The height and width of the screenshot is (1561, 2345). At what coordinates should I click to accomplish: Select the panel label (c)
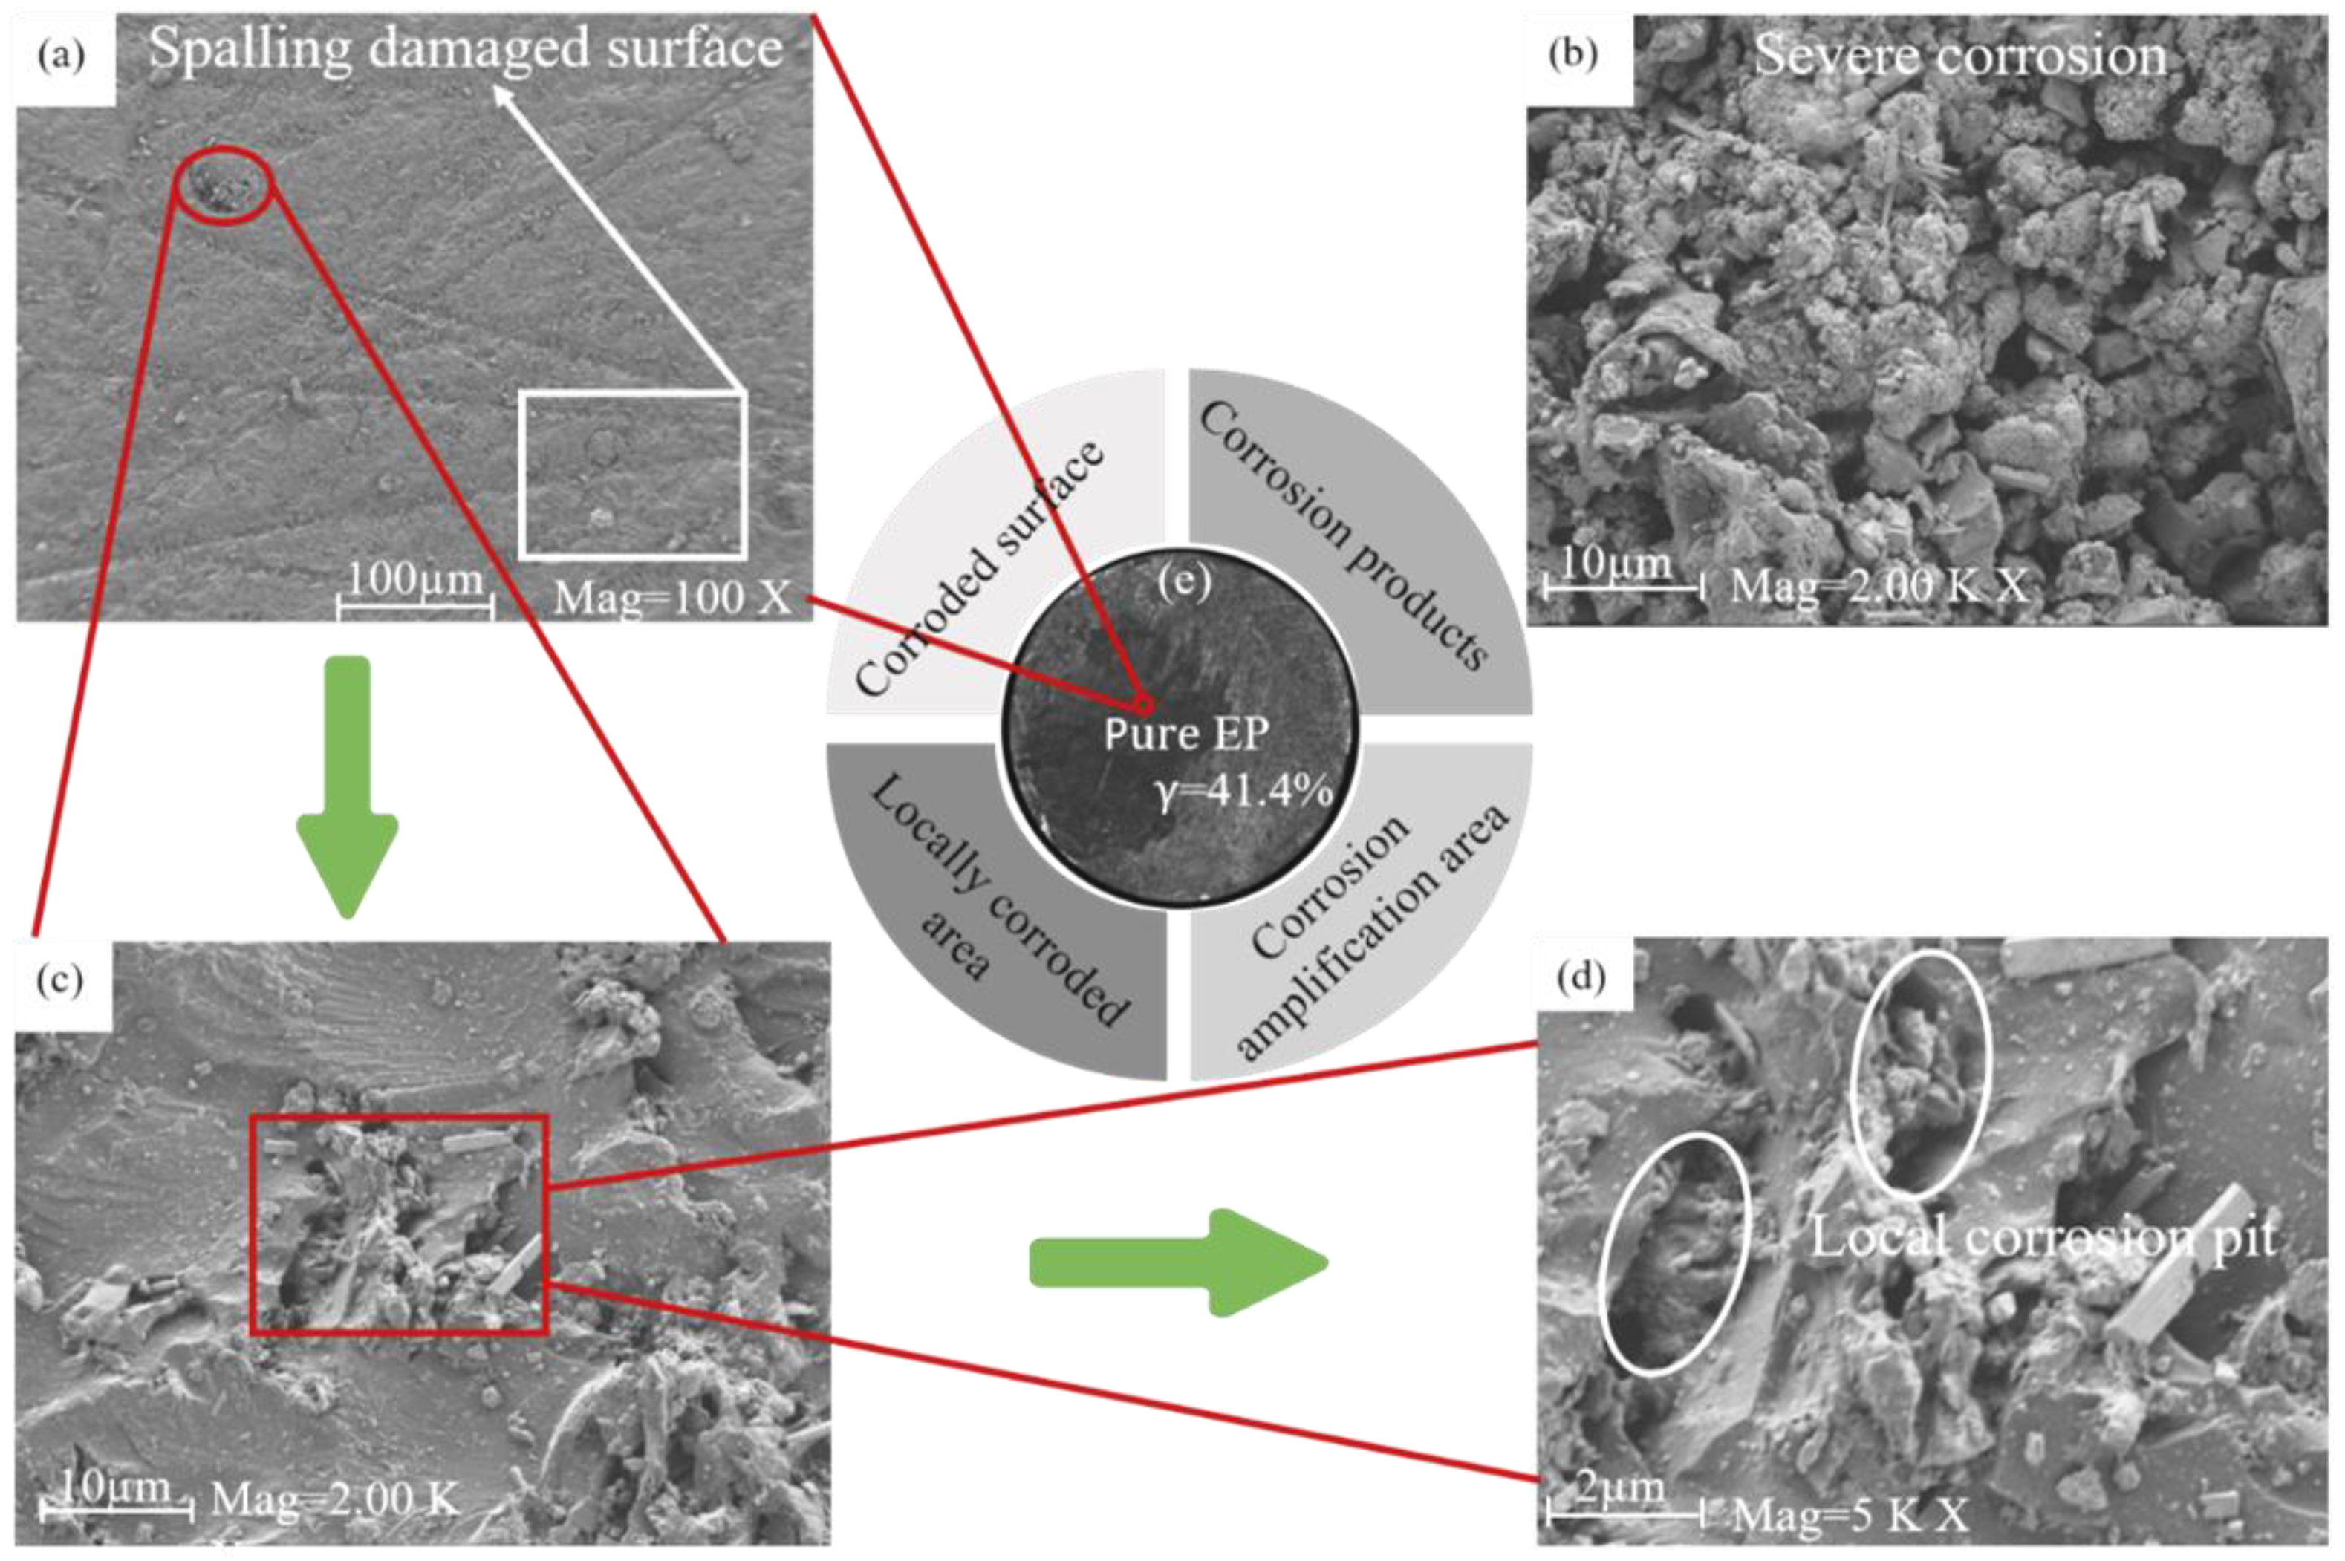pyautogui.click(x=59, y=980)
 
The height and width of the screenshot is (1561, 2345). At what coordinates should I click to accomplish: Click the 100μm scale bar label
pyautogui.click(x=415, y=579)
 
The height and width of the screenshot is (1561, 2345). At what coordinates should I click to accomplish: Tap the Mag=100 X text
pyautogui.click(x=672, y=597)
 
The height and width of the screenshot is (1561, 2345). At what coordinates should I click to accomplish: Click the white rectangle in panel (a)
pyautogui.click(x=634, y=474)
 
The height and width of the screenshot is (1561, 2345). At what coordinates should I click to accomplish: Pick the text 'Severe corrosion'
pyautogui.click(x=1959, y=55)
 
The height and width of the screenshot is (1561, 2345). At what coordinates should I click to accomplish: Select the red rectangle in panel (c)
pyautogui.click(x=398, y=1224)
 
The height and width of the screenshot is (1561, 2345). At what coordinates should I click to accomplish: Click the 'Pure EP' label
pyautogui.click(x=1186, y=734)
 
